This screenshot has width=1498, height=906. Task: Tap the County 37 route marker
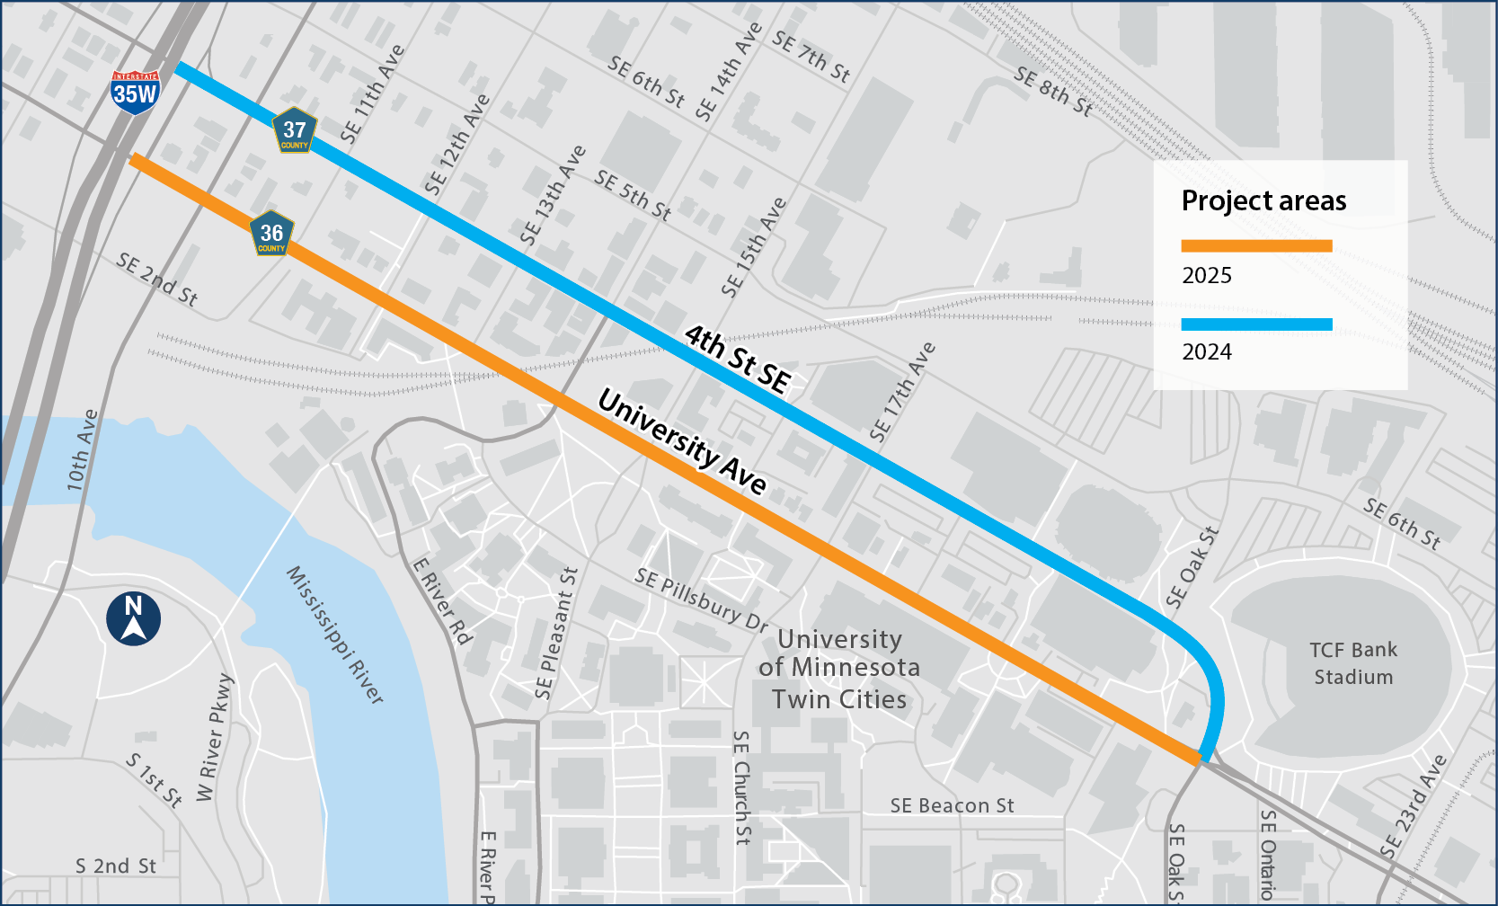tap(295, 132)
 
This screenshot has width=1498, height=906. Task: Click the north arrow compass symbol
tap(133, 618)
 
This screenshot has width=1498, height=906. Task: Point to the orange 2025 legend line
tap(1255, 245)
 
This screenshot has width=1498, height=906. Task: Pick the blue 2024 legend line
tap(1255, 324)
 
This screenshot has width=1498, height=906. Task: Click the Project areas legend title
tap(1263, 200)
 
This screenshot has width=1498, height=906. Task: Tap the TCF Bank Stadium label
tap(1353, 663)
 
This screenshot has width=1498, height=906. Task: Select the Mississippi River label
tap(334, 635)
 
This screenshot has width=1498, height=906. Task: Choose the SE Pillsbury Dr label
tap(702, 600)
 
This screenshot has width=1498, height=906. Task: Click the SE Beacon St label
tap(952, 806)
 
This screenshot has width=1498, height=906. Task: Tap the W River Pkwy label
tap(216, 737)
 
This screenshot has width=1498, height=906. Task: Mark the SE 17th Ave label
tap(902, 392)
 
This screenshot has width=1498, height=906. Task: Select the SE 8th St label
tap(1053, 92)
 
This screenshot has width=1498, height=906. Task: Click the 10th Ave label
tap(82, 449)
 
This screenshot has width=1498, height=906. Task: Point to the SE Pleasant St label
tap(556, 633)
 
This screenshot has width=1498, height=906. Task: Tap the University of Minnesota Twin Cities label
tap(839, 669)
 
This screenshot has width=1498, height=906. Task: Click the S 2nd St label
tap(116, 866)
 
